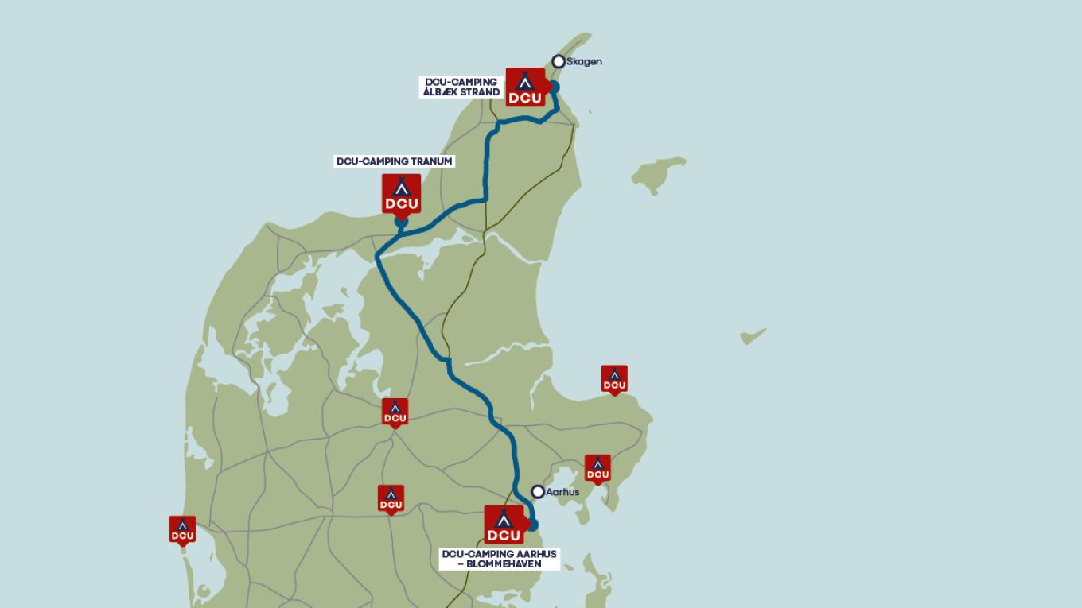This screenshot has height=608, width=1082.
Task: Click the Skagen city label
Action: click(x=584, y=62)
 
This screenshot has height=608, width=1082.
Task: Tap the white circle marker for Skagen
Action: click(x=559, y=61)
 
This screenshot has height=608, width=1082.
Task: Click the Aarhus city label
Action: click(x=562, y=492)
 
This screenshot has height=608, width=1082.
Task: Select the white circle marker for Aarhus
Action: click(x=538, y=492)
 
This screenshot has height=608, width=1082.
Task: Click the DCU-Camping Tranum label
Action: click(x=395, y=161)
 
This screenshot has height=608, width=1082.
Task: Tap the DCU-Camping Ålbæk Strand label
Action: click(x=461, y=87)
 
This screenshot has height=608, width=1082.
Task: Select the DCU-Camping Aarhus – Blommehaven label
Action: click(x=500, y=559)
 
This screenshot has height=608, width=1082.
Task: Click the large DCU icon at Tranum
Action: click(x=402, y=194)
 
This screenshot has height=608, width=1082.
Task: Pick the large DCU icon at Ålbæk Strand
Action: click(x=525, y=87)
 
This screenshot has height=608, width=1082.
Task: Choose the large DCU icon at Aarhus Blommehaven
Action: click(x=504, y=525)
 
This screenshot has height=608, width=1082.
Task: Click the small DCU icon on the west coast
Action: click(x=182, y=530)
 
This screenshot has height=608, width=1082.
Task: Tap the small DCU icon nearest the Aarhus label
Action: click(x=597, y=469)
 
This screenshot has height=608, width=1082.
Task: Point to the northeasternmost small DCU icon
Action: click(x=614, y=379)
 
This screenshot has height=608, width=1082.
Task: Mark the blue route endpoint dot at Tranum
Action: click(x=402, y=223)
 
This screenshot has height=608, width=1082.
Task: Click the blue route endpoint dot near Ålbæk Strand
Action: click(x=555, y=87)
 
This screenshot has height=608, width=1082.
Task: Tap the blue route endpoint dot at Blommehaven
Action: click(x=532, y=525)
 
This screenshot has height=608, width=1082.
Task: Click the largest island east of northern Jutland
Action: click(x=659, y=173)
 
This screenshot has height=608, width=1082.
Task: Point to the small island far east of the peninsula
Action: click(x=753, y=336)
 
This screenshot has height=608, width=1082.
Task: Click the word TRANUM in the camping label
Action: click(x=432, y=161)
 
